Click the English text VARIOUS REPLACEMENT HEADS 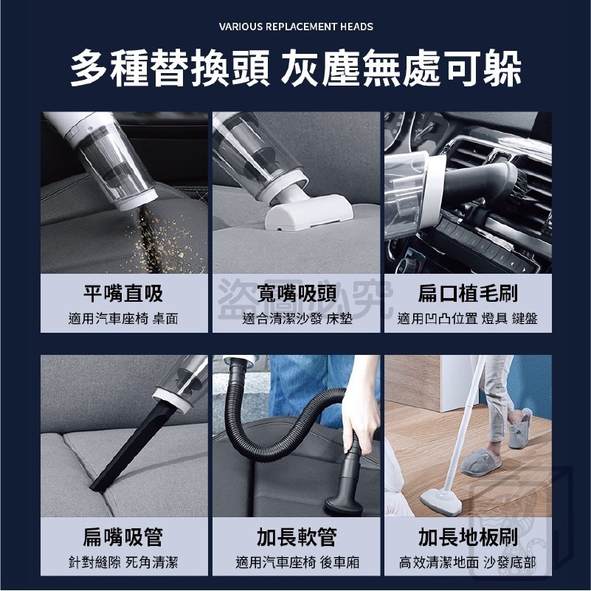point(296,27)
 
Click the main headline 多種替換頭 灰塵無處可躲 point(296,70)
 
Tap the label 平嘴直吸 point(123,294)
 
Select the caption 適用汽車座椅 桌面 point(123,319)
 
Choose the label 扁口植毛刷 point(468,294)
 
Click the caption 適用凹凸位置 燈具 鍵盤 point(468,319)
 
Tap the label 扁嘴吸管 point(123,537)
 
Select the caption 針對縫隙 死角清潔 point(123,563)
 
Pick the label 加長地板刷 point(468,537)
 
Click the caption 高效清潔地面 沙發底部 point(468,563)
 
